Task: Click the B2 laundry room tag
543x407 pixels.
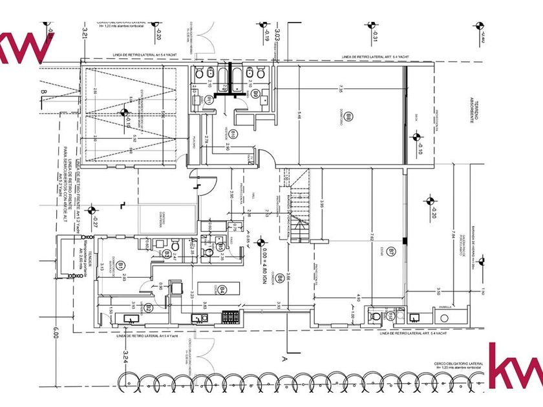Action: click(149, 307)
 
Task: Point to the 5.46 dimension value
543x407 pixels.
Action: click(299, 117)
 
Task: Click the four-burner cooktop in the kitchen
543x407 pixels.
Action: click(230, 316)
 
